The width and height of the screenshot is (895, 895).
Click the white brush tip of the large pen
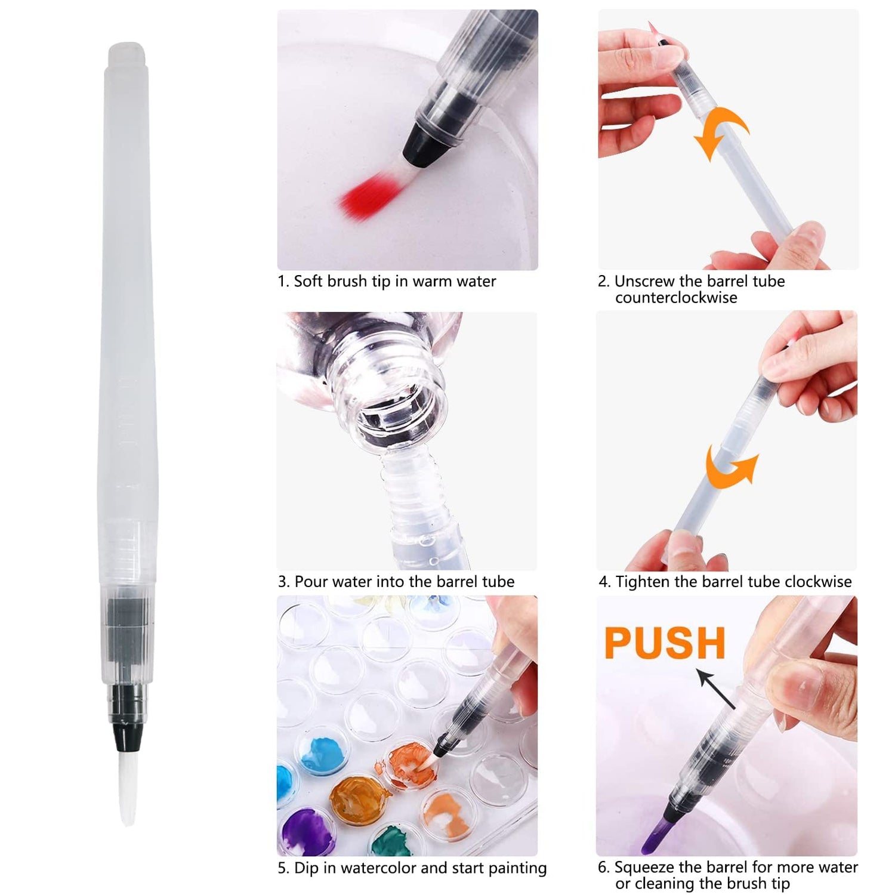click(127, 788)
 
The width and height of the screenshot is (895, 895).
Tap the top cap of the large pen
click(126, 54)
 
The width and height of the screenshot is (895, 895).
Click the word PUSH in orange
click(665, 643)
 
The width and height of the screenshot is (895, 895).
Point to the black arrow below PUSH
click(715, 689)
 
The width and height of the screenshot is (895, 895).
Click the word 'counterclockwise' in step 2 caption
click(676, 298)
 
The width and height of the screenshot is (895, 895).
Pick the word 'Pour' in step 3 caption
click(311, 582)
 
